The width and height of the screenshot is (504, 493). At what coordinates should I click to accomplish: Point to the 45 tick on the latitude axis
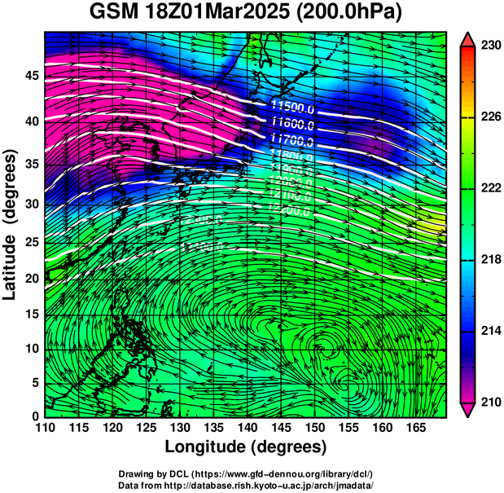coord(32,76)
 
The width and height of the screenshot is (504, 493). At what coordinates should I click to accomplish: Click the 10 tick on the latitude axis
coord(32,349)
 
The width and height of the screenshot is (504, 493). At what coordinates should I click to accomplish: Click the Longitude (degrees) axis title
coord(246,447)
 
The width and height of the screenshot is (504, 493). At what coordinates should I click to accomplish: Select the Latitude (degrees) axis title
coord(11,224)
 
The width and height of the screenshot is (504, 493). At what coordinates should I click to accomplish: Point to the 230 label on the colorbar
coord(490,46)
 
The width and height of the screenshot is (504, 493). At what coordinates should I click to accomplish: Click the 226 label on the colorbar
coord(490,117)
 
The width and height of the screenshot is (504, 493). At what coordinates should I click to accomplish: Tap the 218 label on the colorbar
coord(490,259)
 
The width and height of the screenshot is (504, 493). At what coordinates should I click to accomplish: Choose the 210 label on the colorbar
coord(490,402)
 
